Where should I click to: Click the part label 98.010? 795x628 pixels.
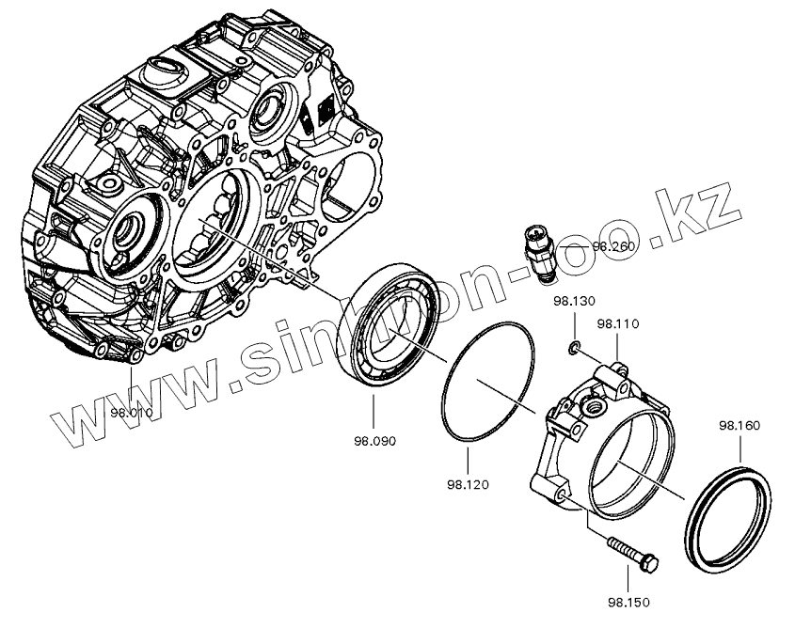pos(130,412)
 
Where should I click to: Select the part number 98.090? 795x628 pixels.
pos(374,440)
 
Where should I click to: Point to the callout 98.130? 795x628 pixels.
pos(573,302)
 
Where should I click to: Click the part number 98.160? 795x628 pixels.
pos(739,425)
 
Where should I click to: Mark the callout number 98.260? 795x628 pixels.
pos(613,246)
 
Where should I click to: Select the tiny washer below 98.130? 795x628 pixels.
pos(573,350)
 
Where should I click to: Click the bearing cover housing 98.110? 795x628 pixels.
pos(602,442)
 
